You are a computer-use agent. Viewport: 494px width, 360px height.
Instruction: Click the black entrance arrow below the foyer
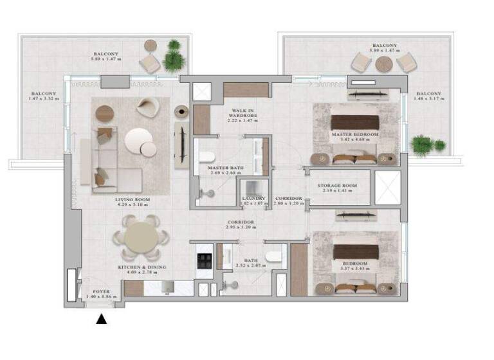click(x=101, y=319)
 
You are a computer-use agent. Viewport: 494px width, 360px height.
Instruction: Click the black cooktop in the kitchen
click(x=204, y=260)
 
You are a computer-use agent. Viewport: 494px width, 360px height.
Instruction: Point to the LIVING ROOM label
click(x=133, y=200)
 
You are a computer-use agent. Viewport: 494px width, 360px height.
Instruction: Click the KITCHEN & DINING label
click(x=142, y=267)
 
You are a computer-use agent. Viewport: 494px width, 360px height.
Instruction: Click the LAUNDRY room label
click(x=252, y=199)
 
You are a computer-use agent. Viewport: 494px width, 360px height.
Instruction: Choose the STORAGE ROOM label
click(x=337, y=186)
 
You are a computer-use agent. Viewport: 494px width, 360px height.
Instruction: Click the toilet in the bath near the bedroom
click(x=273, y=257)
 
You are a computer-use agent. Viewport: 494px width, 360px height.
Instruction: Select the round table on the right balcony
click(x=384, y=65)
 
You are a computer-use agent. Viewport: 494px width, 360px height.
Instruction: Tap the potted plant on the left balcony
click(x=172, y=58)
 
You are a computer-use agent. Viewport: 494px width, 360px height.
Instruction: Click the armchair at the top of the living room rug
click(x=146, y=107)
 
